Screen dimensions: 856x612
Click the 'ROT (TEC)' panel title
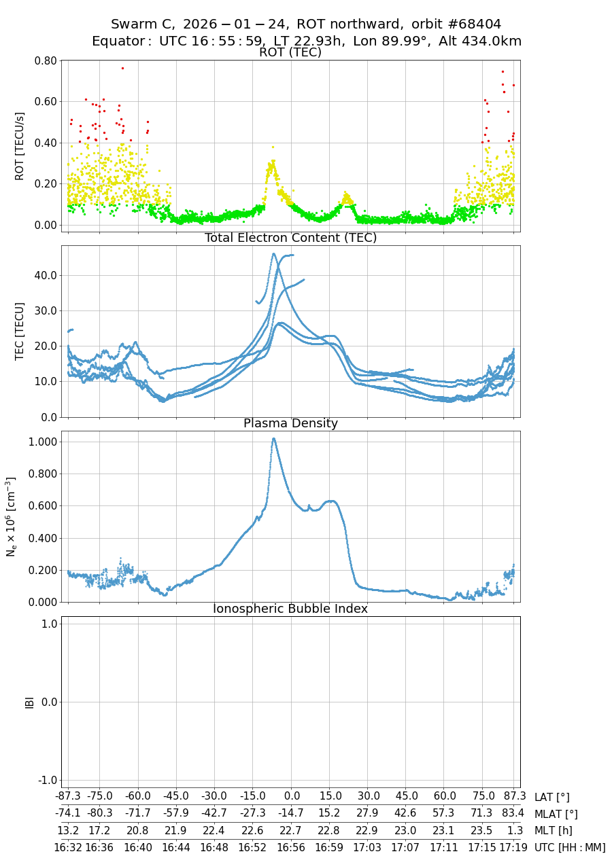(x=290, y=52)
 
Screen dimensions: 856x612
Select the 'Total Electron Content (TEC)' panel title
(x=290, y=238)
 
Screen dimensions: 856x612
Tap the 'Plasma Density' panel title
(x=290, y=423)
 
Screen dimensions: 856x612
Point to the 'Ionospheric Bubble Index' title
(x=290, y=609)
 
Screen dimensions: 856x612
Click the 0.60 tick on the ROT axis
(x=45, y=102)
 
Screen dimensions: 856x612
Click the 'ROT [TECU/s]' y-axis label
(x=20, y=146)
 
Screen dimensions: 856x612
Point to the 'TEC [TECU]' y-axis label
(x=20, y=331)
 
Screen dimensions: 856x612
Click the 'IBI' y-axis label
(x=29, y=702)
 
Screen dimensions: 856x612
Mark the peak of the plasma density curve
(x=273, y=439)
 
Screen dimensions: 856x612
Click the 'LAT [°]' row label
(x=552, y=798)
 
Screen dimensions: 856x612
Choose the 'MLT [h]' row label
(x=554, y=830)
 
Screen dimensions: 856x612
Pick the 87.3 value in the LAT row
(x=515, y=798)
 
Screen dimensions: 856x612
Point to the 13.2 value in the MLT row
(x=68, y=830)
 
